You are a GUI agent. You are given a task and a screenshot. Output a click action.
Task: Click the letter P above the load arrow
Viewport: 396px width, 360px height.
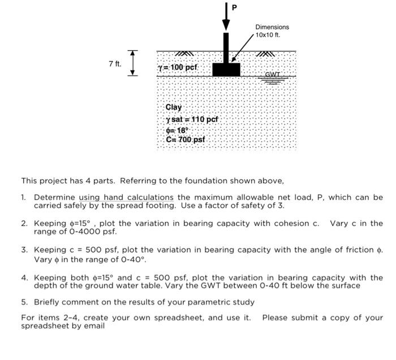(x=234, y=7)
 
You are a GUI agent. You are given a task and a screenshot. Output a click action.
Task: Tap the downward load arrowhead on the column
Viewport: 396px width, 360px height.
(x=226, y=25)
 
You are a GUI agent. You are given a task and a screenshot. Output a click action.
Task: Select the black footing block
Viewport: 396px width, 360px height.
(x=226, y=69)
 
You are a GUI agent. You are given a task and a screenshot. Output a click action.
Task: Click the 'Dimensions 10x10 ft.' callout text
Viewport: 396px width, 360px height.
(x=272, y=31)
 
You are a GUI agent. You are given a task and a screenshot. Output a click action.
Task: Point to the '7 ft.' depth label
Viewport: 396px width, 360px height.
(x=115, y=63)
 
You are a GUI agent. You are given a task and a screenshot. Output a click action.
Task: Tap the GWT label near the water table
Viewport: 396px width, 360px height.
(x=273, y=74)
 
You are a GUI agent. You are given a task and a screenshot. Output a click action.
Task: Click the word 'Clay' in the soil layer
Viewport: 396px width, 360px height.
(x=174, y=107)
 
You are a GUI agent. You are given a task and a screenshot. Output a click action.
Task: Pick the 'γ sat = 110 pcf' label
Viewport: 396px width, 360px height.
(x=192, y=119)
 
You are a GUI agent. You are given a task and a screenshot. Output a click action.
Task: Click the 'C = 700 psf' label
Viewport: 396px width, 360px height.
(x=186, y=140)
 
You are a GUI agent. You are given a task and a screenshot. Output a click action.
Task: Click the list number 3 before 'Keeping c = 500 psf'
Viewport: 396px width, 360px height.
(x=24, y=249)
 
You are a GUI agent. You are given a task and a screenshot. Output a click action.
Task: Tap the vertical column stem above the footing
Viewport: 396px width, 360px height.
(x=226, y=48)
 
